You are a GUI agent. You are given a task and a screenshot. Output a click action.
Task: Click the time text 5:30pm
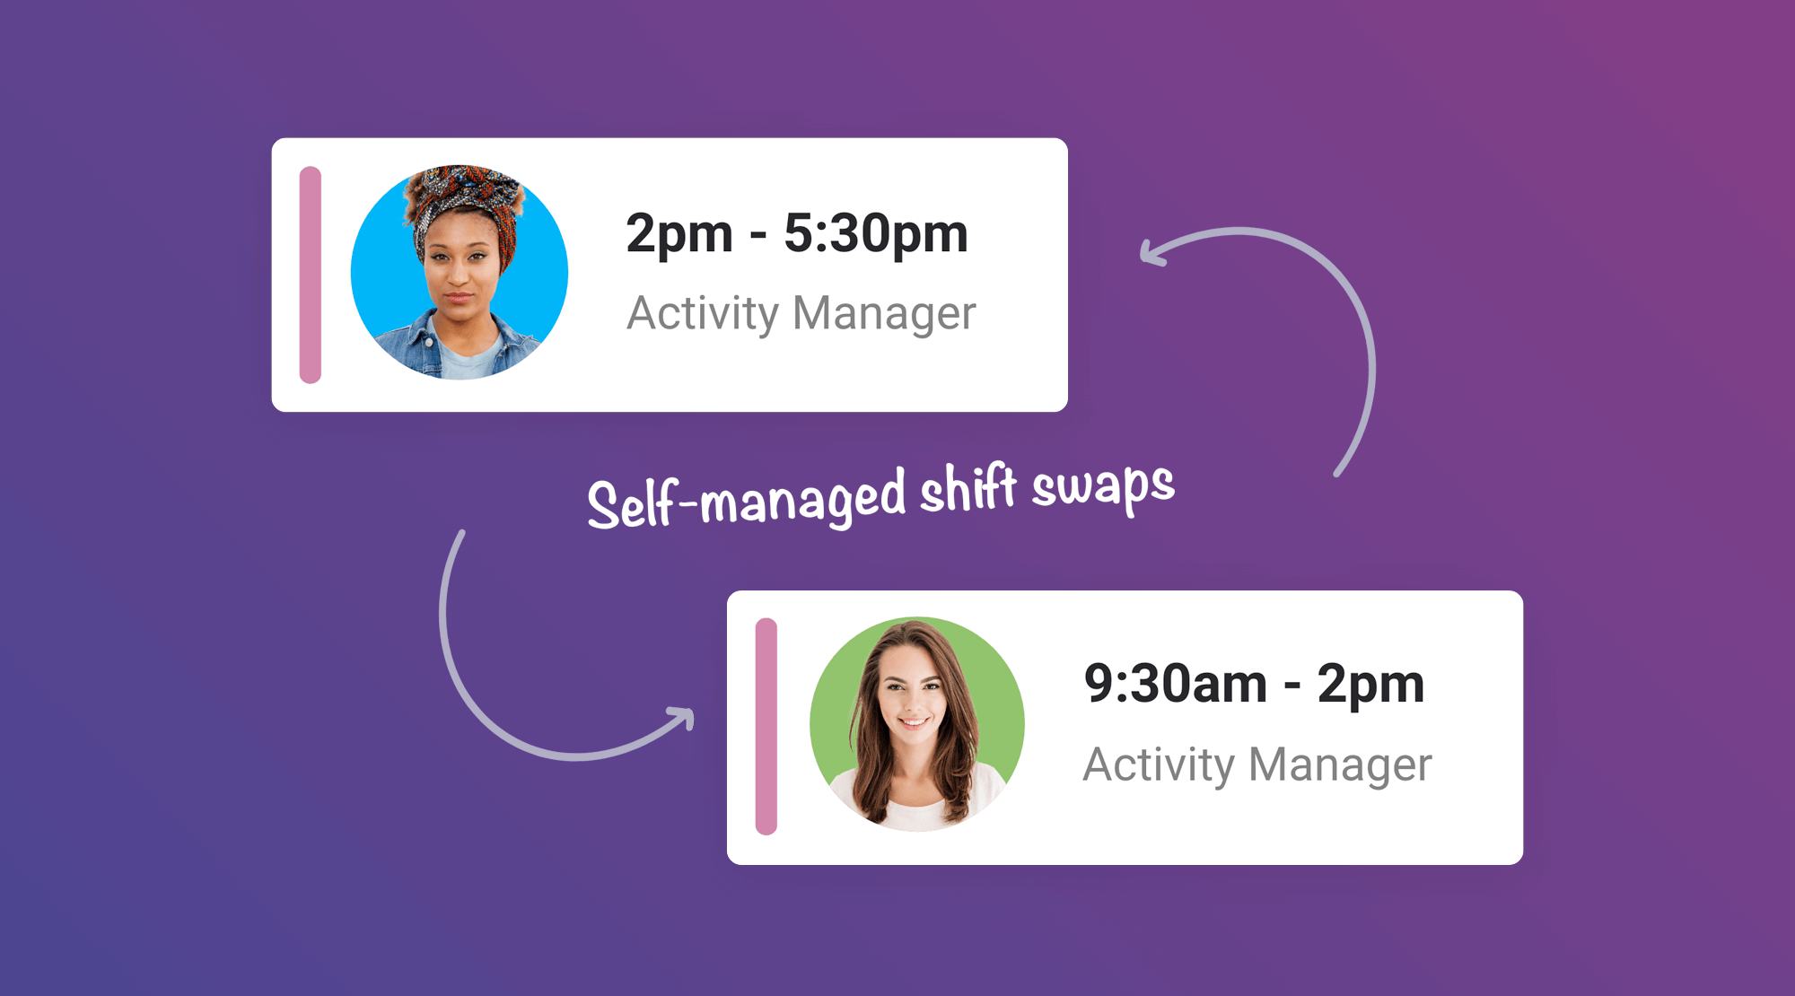point(876,235)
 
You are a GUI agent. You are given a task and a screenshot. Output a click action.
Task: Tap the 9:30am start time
point(1175,685)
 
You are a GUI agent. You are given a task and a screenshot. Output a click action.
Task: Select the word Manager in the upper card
point(884,314)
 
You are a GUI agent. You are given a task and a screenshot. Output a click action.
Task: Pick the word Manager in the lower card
point(1340,765)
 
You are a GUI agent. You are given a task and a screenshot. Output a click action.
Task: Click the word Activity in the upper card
point(703,314)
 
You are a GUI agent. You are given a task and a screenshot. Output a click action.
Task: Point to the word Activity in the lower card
point(1160,765)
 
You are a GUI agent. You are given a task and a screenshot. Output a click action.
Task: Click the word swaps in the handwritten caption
point(1103,487)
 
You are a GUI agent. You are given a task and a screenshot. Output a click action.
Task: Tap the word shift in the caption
point(968,491)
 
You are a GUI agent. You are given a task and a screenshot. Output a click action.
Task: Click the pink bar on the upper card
point(311,275)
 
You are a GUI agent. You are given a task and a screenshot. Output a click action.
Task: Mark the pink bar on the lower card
point(766,726)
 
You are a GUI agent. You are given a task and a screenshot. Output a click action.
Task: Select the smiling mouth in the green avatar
point(912,721)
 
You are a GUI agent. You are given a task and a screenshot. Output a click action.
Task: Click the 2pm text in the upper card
point(679,235)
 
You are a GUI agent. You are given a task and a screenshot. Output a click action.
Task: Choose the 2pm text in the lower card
point(1370,685)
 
